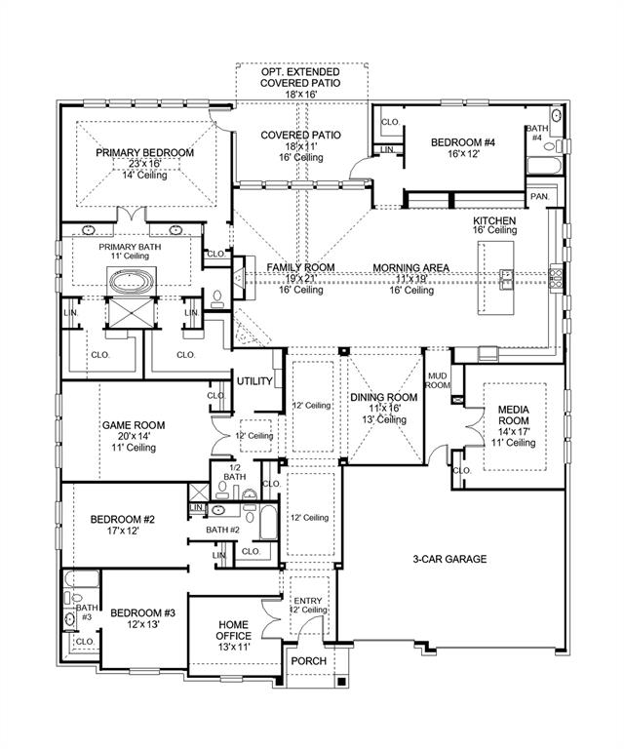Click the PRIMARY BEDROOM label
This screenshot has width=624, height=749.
(144, 153)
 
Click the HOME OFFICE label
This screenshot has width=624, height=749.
(233, 631)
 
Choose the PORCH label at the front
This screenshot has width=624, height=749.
(308, 661)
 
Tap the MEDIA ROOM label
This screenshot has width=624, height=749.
(513, 415)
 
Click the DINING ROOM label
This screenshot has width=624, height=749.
(383, 397)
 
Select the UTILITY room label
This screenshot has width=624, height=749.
(254, 380)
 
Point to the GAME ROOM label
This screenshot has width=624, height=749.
(134, 425)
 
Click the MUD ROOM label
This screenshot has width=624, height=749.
(438, 380)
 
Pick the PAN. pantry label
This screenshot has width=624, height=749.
(539, 196)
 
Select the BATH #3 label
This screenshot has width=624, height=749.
(86, 612)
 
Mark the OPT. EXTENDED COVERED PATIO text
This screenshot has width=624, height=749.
(300, 77)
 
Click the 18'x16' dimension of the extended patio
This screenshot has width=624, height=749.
(300, 95)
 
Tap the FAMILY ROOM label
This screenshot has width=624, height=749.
(301, 267)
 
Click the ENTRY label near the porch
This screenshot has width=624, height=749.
(308, 600)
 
